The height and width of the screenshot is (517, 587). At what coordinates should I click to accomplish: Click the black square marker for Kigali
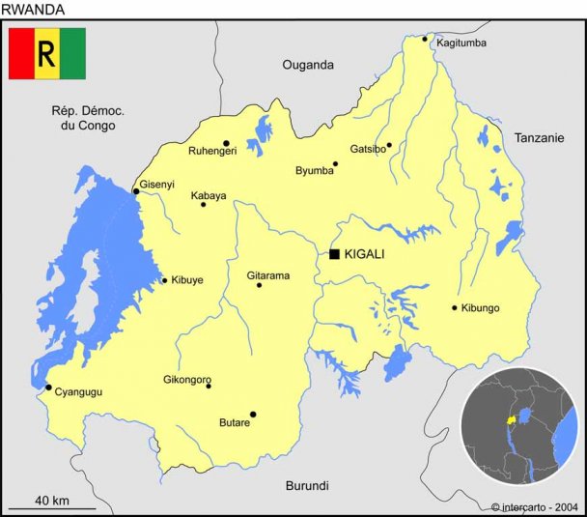[334, 254]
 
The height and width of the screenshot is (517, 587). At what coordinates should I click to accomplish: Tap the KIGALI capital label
[364, 254]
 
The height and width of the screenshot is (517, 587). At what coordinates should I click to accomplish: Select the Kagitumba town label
[461, 43]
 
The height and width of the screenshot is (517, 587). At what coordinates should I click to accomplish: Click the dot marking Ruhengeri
[226, 143]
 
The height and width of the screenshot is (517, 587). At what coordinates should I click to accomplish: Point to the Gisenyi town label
[156, 184]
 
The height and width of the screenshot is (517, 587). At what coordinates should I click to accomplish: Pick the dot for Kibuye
[164, 281]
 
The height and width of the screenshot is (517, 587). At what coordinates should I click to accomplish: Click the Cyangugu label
[78, 391]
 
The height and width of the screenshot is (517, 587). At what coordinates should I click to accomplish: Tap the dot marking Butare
[253, 415]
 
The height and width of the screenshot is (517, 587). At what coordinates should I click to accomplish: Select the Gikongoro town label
[186, 380]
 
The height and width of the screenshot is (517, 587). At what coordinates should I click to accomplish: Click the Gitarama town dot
[259, 285]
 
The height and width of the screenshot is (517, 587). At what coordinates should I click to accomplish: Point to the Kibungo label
[480, 308]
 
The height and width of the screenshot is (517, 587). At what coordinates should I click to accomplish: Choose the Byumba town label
[314, 171]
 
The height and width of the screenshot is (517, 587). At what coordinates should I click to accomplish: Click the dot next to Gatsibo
[389, 145]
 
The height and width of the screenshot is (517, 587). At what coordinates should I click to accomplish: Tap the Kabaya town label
[208, 195]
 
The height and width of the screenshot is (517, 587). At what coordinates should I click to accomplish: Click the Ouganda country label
[307, 65]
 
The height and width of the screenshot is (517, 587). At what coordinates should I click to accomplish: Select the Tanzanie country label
[539, 138]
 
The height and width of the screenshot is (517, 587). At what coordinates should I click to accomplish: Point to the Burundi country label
[307, 485]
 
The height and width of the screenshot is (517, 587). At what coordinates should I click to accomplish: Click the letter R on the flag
[46, 54]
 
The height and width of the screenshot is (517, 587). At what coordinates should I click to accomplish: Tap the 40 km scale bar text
[51, 500]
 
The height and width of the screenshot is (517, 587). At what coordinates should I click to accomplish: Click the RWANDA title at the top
[33, 9]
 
